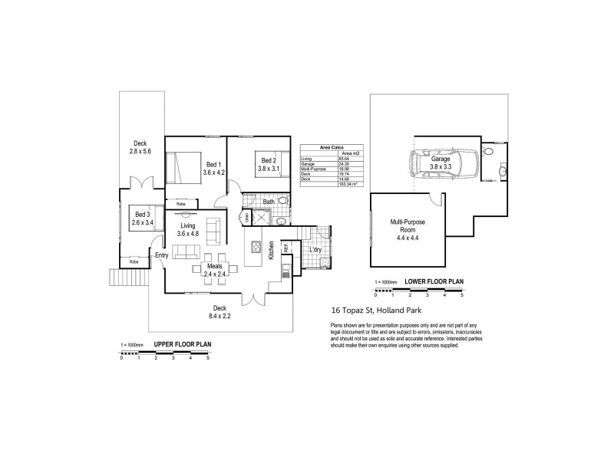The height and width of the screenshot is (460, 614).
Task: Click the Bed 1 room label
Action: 213,164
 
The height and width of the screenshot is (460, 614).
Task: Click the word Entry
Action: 161,255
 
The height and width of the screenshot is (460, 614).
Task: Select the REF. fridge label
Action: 286,248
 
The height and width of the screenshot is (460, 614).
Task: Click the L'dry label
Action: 315,250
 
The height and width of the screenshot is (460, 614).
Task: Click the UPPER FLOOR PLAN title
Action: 183,344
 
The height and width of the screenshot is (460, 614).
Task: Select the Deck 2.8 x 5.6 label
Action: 140,147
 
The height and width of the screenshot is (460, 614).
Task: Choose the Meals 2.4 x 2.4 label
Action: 214,269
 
